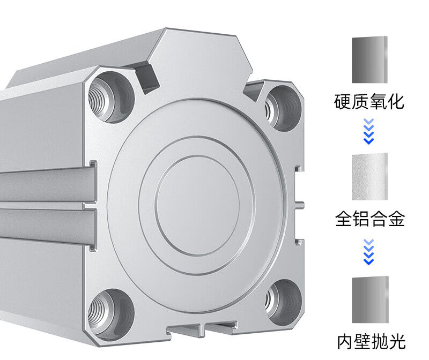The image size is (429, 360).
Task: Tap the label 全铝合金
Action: pyautogui.click(x=369, y=219)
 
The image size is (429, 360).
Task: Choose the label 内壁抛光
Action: pyautogui.click(x=369, y=341)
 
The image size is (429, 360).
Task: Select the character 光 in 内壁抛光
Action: pyautogui.click(x=395, y=341)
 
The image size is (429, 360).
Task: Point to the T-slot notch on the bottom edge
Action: pyautogui.click(x=203, y=328)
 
